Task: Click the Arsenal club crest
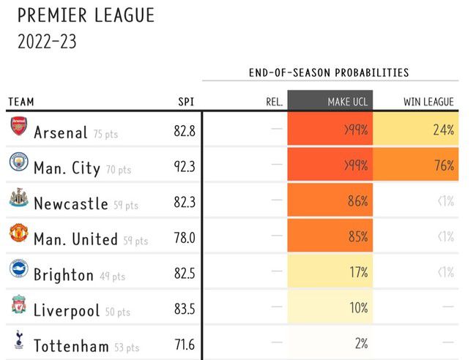tap(18, 128)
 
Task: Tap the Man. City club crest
tap(18, 163)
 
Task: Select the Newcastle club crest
tap(18, 198)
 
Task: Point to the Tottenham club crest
tap(18, 340)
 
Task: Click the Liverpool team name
tap(66, 310)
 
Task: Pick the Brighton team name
tap(64, 274)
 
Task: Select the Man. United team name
tap(75, 239)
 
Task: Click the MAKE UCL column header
tap(348, 102)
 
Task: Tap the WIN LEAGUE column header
tap(428, 102)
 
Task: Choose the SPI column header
tap(186, 102)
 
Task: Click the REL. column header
tap(274, 102)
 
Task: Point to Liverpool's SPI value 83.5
tap(185, 308)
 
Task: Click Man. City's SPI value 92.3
tap(185, 166)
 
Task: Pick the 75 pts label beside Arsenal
tap(105, 134)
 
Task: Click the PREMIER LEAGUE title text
tap(85, 15)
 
